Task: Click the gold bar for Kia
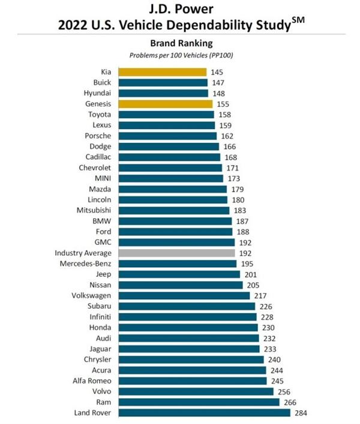pos(162,72)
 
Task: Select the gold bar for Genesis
pos(165,103)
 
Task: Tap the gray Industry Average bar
pos(176,253)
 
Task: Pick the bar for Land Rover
pos(204,413)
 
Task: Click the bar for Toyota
pos(166,114)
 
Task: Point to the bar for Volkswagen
pos(184,295)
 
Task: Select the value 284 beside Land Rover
pos(300,413)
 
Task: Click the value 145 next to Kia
pos(217,72)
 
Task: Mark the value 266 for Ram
pos(290,402)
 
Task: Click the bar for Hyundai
pos(163,93)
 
